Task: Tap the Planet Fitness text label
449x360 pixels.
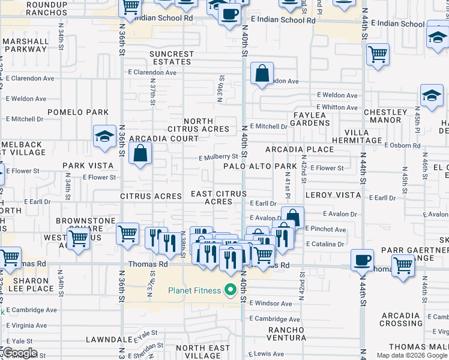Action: (x=194, y=291)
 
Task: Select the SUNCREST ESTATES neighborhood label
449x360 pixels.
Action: (x=171, y=58)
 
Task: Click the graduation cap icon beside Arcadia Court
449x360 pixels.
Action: (x=104, y=136)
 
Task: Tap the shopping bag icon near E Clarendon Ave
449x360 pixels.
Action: (x=262, y=74)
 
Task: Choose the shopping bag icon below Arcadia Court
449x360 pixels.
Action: (x=140, y=154)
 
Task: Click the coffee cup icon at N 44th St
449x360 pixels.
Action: (x=363, y=260)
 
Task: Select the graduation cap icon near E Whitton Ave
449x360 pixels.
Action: (x=432, y=96)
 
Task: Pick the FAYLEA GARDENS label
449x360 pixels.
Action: (x=310, y=118)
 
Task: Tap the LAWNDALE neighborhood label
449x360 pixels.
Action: (x=108, y=339)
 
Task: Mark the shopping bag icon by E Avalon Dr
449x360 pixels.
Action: (x=292, y=217)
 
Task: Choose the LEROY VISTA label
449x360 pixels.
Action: (x=333, y=196)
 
